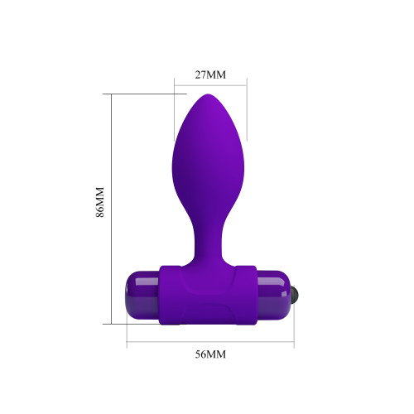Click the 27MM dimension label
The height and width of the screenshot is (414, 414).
tap(210, 75)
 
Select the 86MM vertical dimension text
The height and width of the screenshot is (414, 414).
tap(100, 202)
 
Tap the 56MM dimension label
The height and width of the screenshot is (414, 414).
tap(210, 354)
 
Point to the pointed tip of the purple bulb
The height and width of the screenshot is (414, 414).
tap(208, 94)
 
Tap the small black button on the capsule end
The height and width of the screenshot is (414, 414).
tap(295, 294)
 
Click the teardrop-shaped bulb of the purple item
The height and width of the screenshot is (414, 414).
tap(209, 160)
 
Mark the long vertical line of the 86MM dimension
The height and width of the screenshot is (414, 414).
tap(112, 209)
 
